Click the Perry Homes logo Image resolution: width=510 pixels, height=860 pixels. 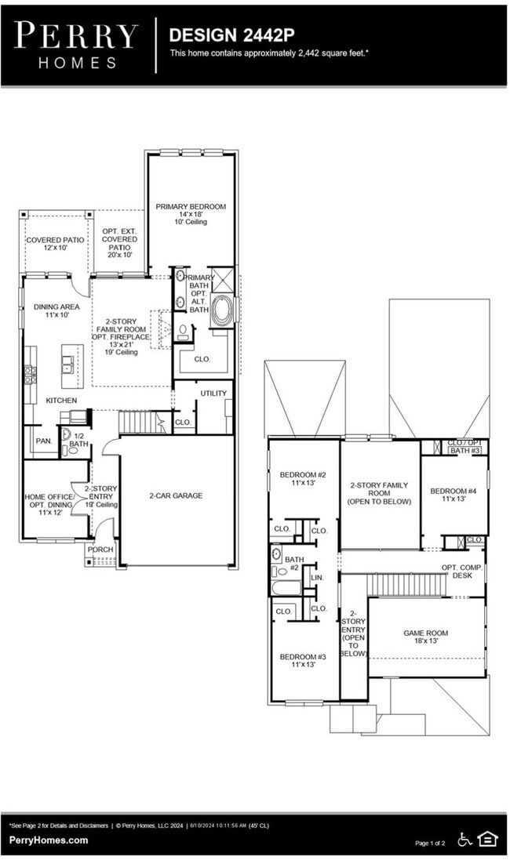(75, 45)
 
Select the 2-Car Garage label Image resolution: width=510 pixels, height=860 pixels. (177, 495)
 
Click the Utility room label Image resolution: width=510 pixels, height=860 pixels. (213, 394)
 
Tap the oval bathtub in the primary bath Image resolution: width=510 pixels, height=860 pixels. (221, 309)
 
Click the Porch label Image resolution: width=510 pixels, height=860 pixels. (100, 549)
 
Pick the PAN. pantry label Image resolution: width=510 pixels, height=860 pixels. (44, 441)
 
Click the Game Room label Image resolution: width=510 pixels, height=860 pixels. (425, 637)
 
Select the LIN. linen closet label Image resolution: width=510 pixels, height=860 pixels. (316, 577)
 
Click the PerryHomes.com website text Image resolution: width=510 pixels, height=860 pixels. (49, 840)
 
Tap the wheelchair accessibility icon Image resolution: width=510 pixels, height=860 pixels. (465, 840)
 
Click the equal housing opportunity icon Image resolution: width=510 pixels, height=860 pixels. (487, 840)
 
